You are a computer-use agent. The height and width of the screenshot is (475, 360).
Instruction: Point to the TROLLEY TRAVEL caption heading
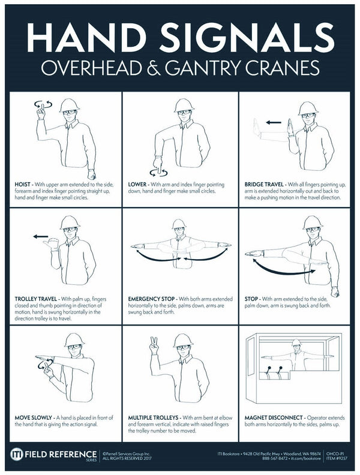(34, 297)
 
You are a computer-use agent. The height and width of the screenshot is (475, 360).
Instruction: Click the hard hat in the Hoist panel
(69, 104)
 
